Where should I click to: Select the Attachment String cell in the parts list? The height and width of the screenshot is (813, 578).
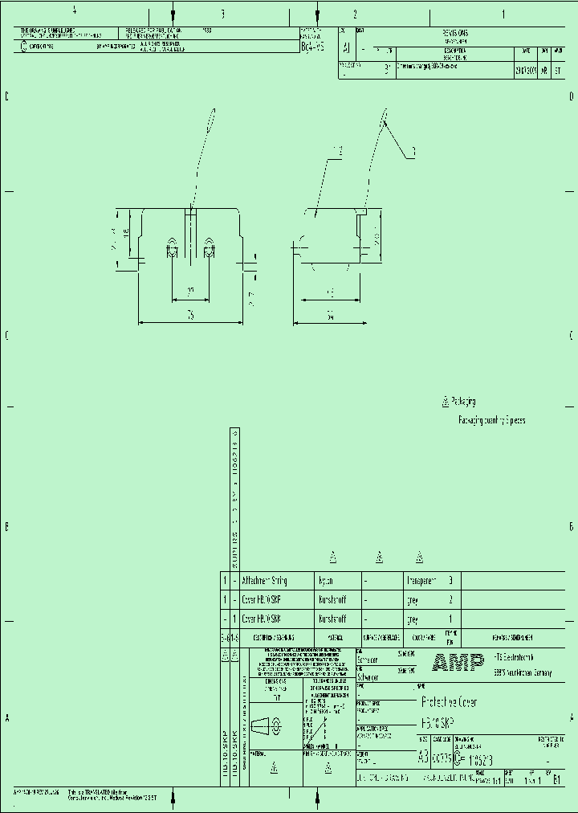click(x=264, y=580)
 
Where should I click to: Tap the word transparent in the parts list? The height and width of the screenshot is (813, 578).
click(x=421, y=580)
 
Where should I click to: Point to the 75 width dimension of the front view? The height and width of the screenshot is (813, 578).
click(x=191, y=317)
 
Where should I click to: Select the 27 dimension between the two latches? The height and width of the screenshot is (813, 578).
click(x=190, y=291)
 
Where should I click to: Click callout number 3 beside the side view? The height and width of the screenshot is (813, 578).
click(x=413, y=151)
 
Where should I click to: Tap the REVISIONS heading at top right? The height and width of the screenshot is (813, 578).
click(x=457, y=31)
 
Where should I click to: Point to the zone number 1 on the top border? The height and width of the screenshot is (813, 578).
click(x=503, y=14)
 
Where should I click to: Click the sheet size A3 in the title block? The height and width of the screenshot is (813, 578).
click(x=424, y=757)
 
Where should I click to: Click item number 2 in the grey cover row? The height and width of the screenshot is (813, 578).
click(x=450, y=600)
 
